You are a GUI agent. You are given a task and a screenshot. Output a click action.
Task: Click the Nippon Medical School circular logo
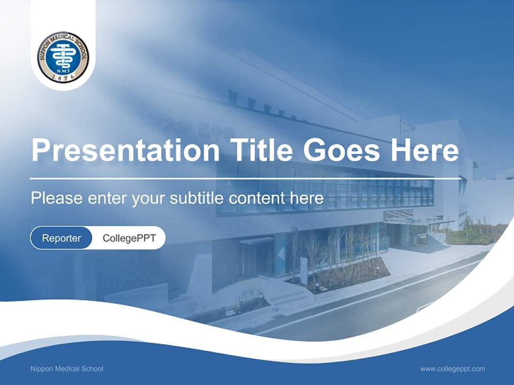tap(63, 57)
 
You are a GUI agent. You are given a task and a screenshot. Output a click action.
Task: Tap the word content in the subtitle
tap(258, 198)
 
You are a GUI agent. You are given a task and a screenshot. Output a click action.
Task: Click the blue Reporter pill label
tap(62, 238)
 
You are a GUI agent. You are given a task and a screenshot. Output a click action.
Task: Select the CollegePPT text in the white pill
tap(129, 238)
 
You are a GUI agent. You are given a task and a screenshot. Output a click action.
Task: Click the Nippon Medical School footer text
tap(67, 368)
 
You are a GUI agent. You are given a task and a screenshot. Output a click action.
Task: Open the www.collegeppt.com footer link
tap(452, 368)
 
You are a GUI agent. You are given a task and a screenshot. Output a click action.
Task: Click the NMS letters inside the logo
tap(63, 69)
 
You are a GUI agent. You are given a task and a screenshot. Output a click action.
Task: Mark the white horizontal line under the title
tap(245, 178)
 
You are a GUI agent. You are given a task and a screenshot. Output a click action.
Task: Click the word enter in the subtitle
tap(107, 198)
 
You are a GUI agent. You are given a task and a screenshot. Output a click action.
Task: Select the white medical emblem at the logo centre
tap(63, 54)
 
